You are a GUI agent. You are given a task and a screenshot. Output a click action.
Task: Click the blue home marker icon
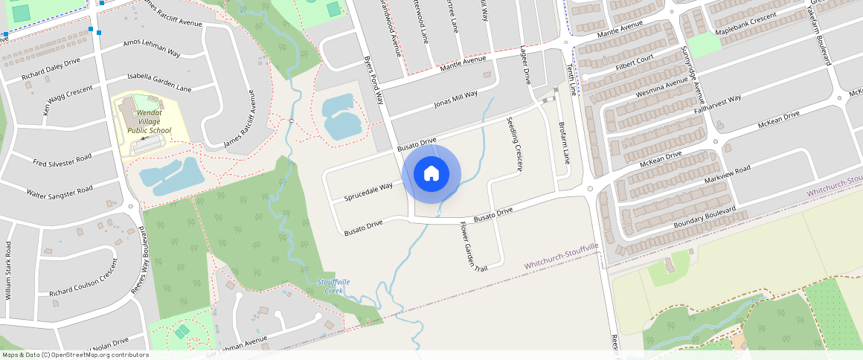(431, 174)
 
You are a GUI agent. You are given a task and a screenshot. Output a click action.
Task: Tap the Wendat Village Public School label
(149, 122)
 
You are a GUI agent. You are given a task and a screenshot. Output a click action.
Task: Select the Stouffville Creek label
(333, 286)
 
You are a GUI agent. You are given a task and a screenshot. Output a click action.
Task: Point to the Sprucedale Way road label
(368, 192)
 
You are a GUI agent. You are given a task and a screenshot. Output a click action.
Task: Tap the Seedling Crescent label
(515, 144)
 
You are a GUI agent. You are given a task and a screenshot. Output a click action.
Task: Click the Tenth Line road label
(571, 79)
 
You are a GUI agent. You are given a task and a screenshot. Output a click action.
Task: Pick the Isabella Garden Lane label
(159, 83)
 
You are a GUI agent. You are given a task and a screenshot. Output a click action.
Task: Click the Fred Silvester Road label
(62, 160)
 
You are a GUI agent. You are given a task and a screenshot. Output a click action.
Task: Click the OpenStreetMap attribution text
(74, 355)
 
